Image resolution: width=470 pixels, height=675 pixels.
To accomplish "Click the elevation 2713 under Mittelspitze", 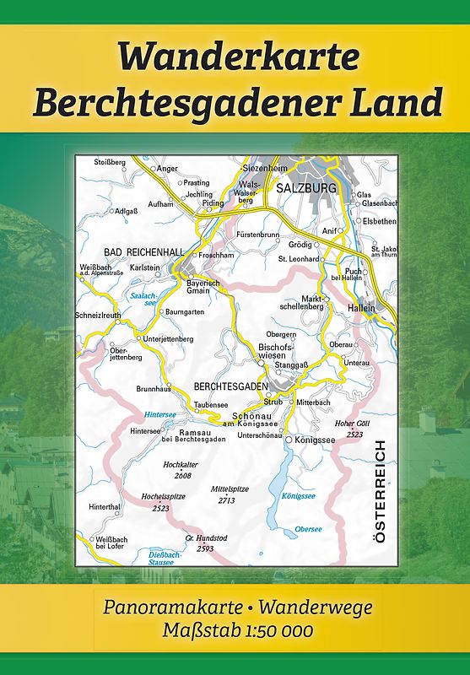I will click(225, 500).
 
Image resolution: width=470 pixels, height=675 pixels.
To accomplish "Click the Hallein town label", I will click(361, 310).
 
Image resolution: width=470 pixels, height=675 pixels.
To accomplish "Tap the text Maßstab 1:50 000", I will click(235, 630).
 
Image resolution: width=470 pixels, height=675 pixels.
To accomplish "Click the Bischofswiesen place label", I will click(276, 352).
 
